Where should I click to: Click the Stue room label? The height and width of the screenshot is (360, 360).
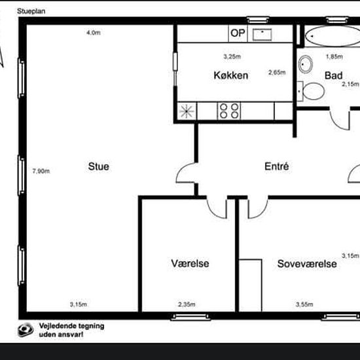tap(98, 166)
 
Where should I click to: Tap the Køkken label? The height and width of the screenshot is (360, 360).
tap(231, 75)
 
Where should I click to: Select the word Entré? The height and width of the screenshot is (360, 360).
tap(277, 166)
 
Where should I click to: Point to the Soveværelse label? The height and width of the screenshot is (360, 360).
tap(307, 264)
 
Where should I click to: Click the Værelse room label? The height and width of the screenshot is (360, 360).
tap(190, 263)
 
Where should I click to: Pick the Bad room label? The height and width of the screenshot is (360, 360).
tap(334, 75)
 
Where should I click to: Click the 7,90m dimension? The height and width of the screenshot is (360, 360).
tap(41, 171)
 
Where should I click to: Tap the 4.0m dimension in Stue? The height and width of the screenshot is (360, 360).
tap(94, 33)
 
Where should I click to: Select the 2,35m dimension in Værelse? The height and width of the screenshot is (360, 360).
tap(187, 304)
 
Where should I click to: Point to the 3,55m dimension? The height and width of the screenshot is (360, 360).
tap(304, 304)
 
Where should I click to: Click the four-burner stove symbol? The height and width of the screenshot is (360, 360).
tap(229, 111)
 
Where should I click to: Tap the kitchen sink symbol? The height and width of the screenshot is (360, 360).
tap(262, 35)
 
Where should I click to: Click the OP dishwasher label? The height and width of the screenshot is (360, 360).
tap(238, 33)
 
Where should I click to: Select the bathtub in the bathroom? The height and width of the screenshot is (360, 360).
tap(333, 36)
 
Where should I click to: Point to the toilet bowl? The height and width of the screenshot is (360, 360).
tap(313, 91)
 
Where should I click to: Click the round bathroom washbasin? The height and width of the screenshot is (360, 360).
tap(306, 64)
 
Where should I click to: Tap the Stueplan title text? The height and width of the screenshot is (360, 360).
tap(31, 11)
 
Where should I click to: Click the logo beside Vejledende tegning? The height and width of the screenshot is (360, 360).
tap(26, 330)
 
